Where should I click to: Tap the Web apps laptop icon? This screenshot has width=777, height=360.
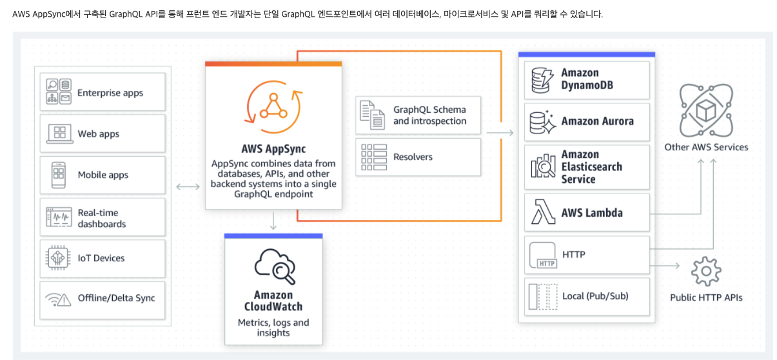click(59, 134)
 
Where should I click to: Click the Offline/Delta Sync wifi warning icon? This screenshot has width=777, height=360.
click(59, 299)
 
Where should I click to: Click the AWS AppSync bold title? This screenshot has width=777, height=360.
click(273, 150)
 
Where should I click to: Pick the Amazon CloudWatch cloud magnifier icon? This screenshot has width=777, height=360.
click(275, 265)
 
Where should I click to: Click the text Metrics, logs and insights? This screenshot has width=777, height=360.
click(273, 327)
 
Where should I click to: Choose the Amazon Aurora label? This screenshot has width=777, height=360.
click(597, 121)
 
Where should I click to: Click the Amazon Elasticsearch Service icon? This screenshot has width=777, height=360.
click(543, 166)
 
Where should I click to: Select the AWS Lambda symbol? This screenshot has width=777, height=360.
click(542, 212)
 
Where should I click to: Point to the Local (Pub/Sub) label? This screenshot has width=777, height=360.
click(595, 296)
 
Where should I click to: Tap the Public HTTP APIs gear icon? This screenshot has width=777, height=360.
click(705, 272)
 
